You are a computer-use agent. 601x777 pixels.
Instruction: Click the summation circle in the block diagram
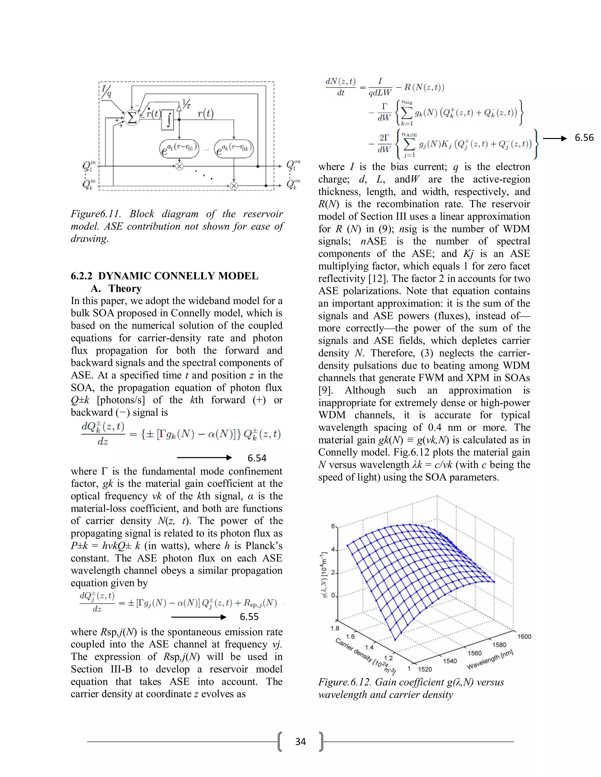coord(132,117)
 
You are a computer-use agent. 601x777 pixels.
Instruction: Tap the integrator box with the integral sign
coord(168,120)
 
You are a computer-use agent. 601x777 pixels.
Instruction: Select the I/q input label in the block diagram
coord(107,91)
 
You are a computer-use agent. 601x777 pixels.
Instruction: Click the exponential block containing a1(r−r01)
coord(179,148)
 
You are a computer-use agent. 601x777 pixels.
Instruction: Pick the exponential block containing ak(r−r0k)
coord(234,148)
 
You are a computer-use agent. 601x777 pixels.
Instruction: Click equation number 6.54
coord(257,458)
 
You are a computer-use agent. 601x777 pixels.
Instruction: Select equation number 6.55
coord(249,617)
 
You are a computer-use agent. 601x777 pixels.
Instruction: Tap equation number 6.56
coord(584,138)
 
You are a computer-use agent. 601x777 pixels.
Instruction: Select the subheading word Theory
coord(125,288)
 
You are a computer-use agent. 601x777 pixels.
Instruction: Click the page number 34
coord(300,742)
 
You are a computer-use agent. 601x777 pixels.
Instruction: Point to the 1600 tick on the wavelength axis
coord(524,637)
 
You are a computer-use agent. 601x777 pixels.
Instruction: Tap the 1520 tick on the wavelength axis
coord(425,669)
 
